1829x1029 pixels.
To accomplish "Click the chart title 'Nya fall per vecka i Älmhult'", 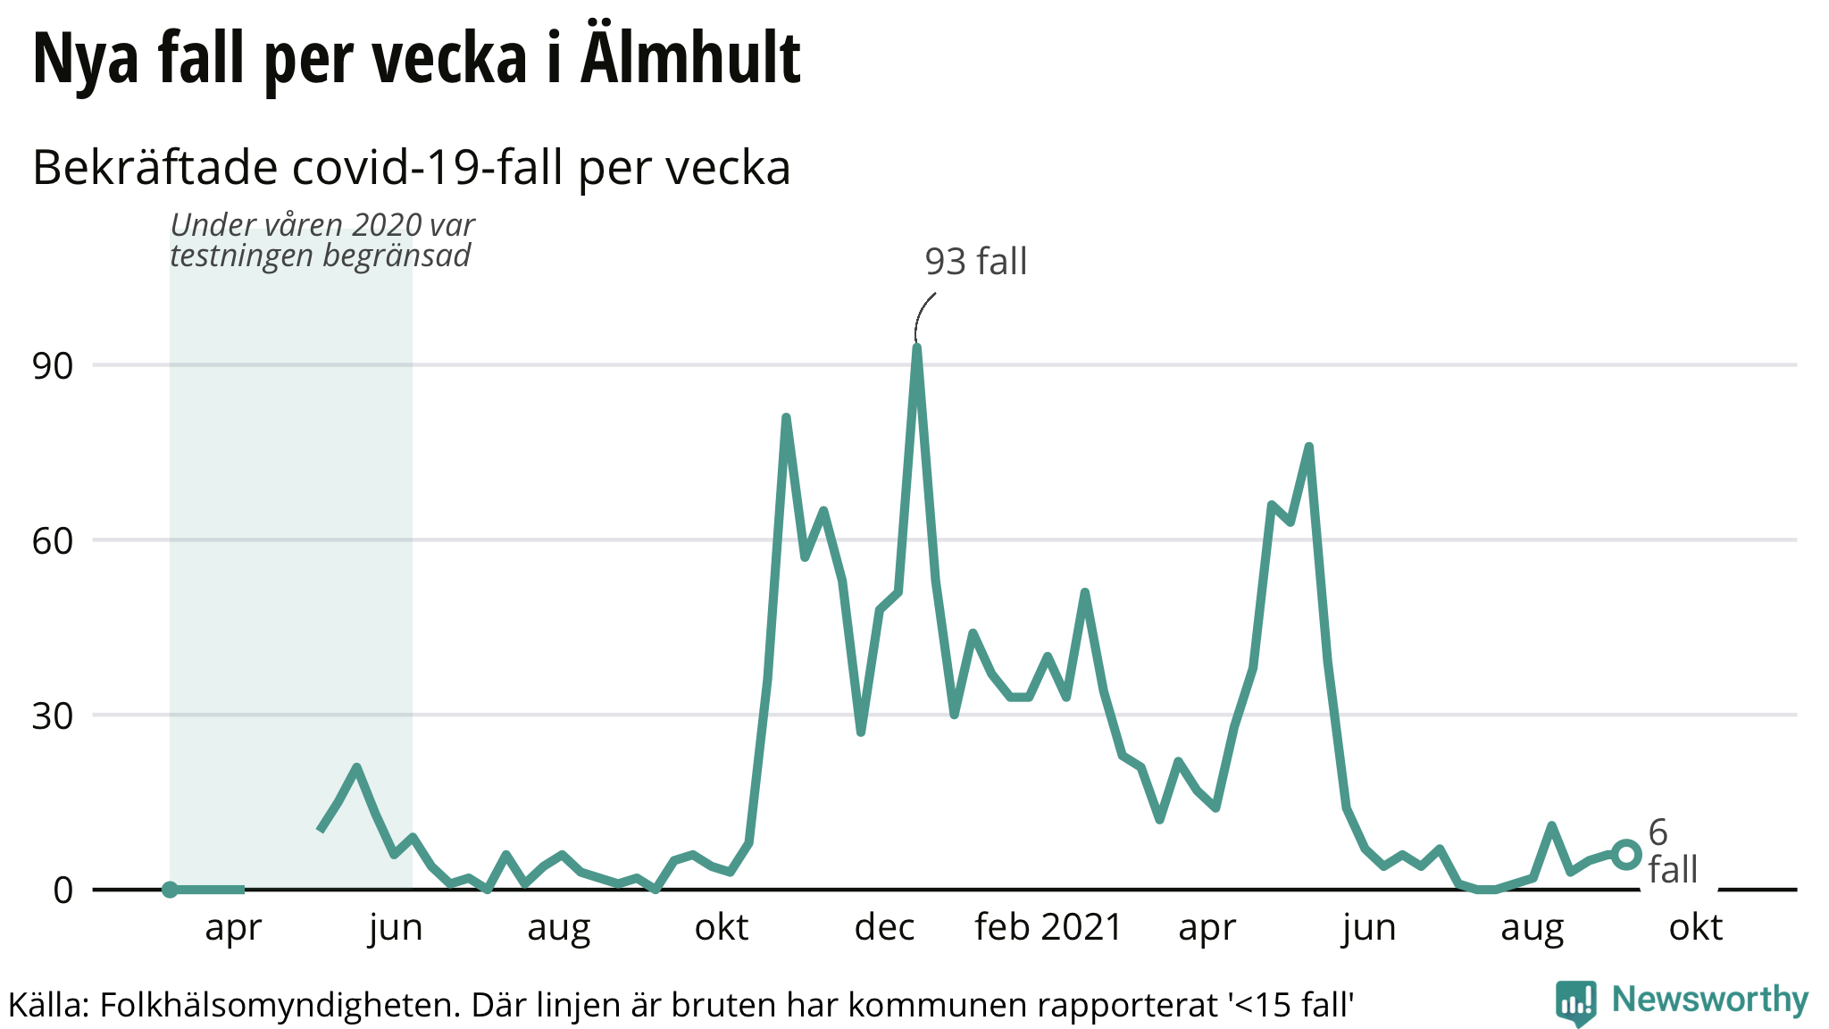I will [x=416, y=59].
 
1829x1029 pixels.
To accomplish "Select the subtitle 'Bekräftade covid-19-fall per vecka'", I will [x=412, y=168].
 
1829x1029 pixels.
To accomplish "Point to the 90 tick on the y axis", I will [x=53, y=366].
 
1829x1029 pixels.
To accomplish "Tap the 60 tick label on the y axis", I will [x=53, y=541].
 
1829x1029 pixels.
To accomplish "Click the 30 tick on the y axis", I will [x=53, y=716].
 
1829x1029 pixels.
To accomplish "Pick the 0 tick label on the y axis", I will [x=63, y=891].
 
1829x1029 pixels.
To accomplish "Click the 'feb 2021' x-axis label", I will [x=1048, y=927].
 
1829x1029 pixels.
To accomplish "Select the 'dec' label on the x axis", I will [x=884, y=927].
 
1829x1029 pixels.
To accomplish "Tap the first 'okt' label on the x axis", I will [x=722, y=927].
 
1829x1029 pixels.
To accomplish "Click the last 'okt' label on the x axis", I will [x=1695, y=927].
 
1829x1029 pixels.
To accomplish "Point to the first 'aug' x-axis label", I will [x=558, y=927].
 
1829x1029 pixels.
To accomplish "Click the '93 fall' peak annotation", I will [x=975, y=262].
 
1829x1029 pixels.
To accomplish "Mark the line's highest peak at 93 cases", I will [x=917, y=347].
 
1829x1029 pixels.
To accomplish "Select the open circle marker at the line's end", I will [x=1626, y=855].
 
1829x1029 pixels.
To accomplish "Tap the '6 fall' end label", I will [x=1672, y=851].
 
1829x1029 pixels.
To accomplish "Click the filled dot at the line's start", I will [x=170, y=890].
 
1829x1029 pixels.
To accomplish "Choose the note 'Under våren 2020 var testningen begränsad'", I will [x=322, y=240].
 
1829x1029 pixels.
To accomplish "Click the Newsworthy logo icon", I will [x=1576, y=1002].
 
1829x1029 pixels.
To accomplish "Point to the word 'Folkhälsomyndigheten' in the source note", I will [x=280, y=1006].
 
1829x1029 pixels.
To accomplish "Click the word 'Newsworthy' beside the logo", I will [x=1710, y=1000].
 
